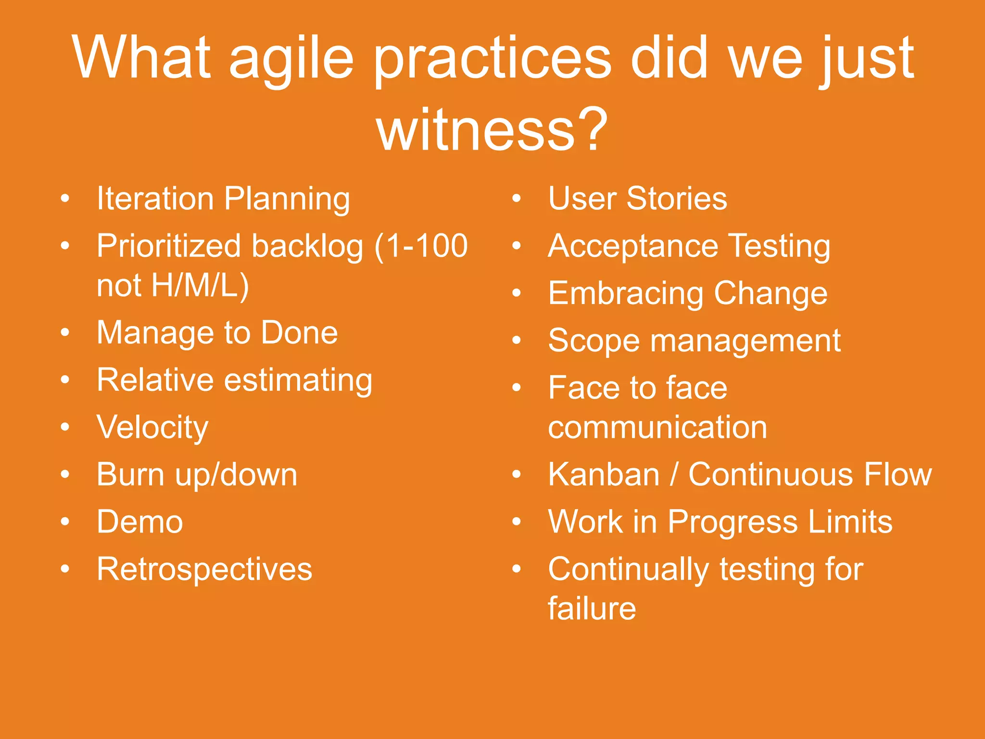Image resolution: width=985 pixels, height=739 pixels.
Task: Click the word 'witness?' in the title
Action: pyautogui.click(x=492, y=130)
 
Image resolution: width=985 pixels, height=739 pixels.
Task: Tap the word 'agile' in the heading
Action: pyautogui.click(x=291, y=60)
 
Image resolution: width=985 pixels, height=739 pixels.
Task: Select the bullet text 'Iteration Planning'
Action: pyautogui.click(x=223, y=199)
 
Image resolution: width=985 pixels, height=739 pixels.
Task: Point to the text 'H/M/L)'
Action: pyautogui.click(x=200, y=285)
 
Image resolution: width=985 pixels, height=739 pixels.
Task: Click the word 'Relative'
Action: pyautogui.click(x=155, y=380)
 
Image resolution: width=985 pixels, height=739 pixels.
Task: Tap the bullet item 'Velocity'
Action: pyautogui.click(x=152, y=427)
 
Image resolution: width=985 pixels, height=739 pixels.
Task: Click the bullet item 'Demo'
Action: pyautogui.click(x=140, y=522)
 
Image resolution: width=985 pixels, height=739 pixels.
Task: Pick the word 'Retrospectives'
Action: pyautogui.click(x=204, y=569)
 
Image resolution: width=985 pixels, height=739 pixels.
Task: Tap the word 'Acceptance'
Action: pyautogui.click(x=633, y=246)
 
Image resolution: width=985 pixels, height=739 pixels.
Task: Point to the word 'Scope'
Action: pyautogui.click(x=594, y=341)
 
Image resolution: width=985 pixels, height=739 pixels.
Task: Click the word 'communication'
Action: pyautogui.click(x=657, y=427)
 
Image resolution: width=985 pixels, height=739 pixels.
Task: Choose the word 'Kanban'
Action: pyautogui.click(x=604, y=475)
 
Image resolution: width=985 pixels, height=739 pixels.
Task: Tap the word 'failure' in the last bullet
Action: pyautogui.click(x=592, y=609)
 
